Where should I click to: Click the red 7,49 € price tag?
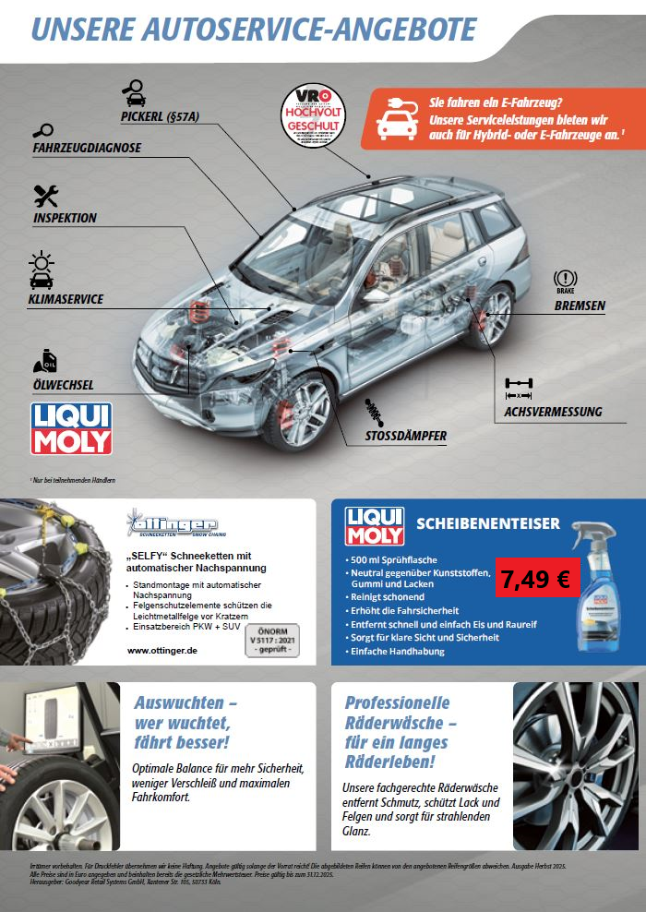coord(536,579)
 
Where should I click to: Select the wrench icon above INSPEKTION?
coord(46,196)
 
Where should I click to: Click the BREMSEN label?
coord(580,306)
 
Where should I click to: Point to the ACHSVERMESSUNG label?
coord(553,412)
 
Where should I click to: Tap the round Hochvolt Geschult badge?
coord(313,115)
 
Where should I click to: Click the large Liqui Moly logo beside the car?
coord(71,428)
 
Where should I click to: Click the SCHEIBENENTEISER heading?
coord(488,523)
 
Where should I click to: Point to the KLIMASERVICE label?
coord(66,299)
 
